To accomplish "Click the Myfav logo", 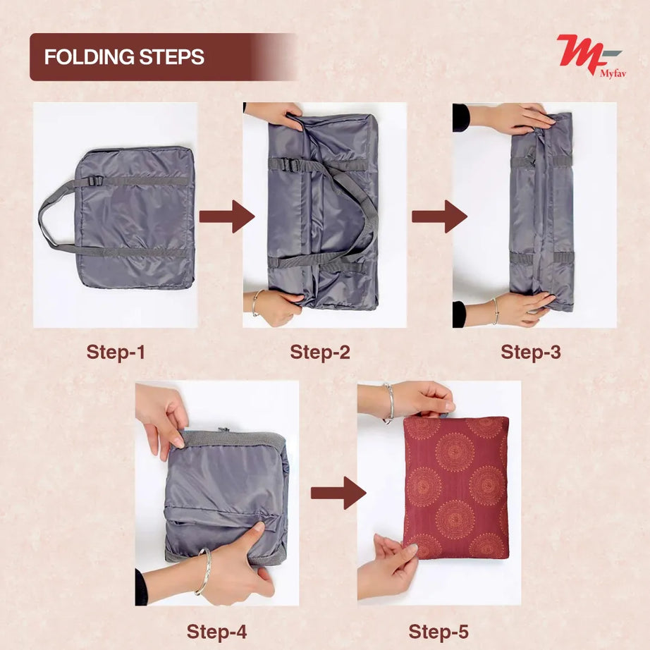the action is pyautogui.click(x=590, y=56).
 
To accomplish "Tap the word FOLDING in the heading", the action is pyautogui.click(x=90, y=57).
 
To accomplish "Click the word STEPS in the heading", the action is pyautogui.click(x=171, y=57).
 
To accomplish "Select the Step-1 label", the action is pyautogui.click(x=116, y=352).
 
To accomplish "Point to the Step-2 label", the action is pyautogui.click(x=320, y=352).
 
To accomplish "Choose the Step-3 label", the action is pyautogui.click(x=531, y=352).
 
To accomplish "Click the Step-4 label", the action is pyautogui.click(x=217, y=632).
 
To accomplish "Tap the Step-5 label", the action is pyautogui.click(x=439, y=632).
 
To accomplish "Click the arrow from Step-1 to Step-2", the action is pyautogui.click(x=227, y=216).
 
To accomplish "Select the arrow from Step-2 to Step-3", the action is pyautogui.click(x=440, y=216).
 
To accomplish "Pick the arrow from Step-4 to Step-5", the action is pyautogui.click(x=338, y=493).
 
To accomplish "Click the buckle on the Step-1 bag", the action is pyautogui.click(x=95, y=180).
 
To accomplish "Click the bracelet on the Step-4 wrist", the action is pyautogui.click(x=204, y=571).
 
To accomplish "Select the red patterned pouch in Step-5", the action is pyautogui.click(x=456, y=488).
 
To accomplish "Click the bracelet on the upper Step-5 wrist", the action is pyautogui.click(x=389, y=403).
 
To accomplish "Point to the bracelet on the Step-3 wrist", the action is pyautogui.click(x=496, y=311).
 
